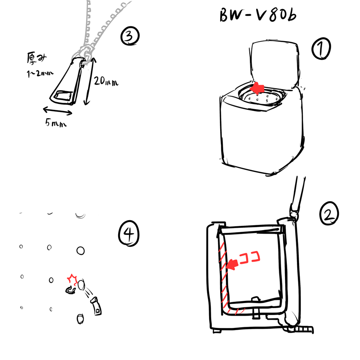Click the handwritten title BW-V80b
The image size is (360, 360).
tap(258, 15)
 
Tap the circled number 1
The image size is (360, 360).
tap(321, 49)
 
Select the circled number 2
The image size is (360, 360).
tap(329, 213)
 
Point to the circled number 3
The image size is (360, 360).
tap(130, 36)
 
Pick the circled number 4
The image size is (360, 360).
tap(129, 234)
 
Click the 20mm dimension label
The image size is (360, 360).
tap(106, 81)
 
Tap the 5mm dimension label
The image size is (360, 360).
tap(56, 123)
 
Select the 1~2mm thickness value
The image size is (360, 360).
tap(40, 74)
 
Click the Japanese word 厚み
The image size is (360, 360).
tap(36, 58)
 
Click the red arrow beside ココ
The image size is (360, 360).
tap(232, 265)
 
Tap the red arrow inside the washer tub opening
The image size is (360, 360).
tap(257, 88)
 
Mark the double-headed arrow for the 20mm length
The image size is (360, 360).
tap(90, 81)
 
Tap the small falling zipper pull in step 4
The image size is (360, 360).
tap(97, 306)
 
